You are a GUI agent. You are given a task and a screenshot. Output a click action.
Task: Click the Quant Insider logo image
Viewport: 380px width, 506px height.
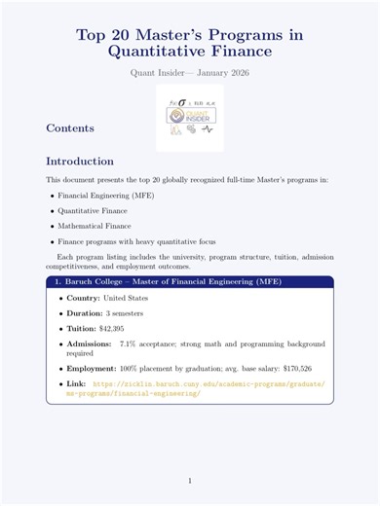coord(190,117)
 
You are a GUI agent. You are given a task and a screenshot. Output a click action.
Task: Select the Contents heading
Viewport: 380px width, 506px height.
coord(70,127)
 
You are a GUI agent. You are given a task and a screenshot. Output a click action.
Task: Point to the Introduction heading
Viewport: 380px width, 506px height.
coord(81,161)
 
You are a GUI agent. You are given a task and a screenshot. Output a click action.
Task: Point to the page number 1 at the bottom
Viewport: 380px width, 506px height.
coord(190,481)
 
